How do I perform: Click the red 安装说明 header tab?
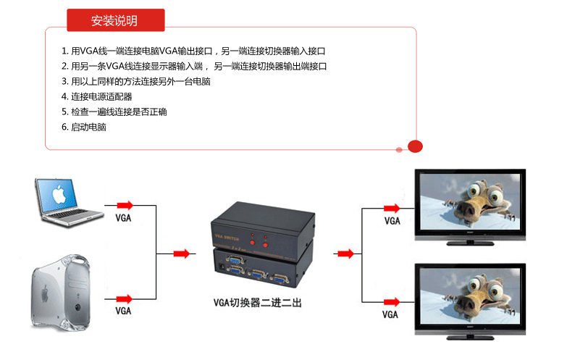click(115, 21)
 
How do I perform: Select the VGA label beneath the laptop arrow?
click(123, 218)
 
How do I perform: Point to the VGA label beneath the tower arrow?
click(123, 311)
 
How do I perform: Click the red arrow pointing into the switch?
click(182, 254)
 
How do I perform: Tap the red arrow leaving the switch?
click(346, 254)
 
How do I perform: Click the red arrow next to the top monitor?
click(392, 208)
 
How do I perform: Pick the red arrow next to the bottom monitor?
click(392, 301)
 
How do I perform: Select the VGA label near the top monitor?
click(392, 221)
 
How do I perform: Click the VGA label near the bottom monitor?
click(390, 315)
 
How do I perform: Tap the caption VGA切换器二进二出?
click(257, 303)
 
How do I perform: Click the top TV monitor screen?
click(469, 201)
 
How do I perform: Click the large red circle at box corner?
click(415, 146)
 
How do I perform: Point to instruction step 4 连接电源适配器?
click(101, 96)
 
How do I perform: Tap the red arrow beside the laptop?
click(125, 205)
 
